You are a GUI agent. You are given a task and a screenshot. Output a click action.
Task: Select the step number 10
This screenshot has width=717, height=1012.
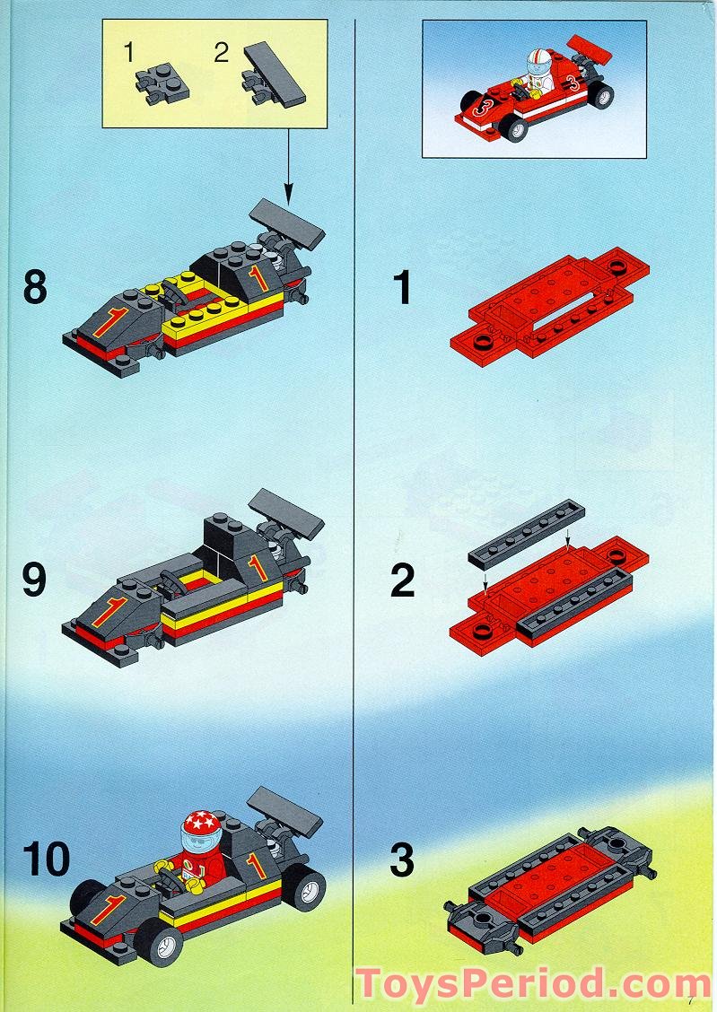[x=46, y=859]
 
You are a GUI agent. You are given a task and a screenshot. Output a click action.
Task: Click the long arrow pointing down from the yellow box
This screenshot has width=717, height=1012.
[x=288, y=164]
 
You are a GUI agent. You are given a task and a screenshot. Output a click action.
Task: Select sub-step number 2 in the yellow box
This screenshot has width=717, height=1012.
[x=222, y=53]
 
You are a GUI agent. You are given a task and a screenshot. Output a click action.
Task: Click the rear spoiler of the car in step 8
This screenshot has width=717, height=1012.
[x=287, y=223]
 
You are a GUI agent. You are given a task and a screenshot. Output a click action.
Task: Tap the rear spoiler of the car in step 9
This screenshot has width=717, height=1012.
[x=286, y=514]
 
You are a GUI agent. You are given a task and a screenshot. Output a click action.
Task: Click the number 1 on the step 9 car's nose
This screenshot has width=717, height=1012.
[x=109, y=611]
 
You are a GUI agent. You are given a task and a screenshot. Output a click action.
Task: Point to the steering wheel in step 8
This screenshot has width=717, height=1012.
[x=174, y=293]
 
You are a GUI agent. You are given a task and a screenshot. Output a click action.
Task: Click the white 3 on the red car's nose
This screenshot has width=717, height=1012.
[x=481, y=109]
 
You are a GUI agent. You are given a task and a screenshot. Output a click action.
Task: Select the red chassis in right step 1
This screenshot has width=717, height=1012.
[x=549, y=306]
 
